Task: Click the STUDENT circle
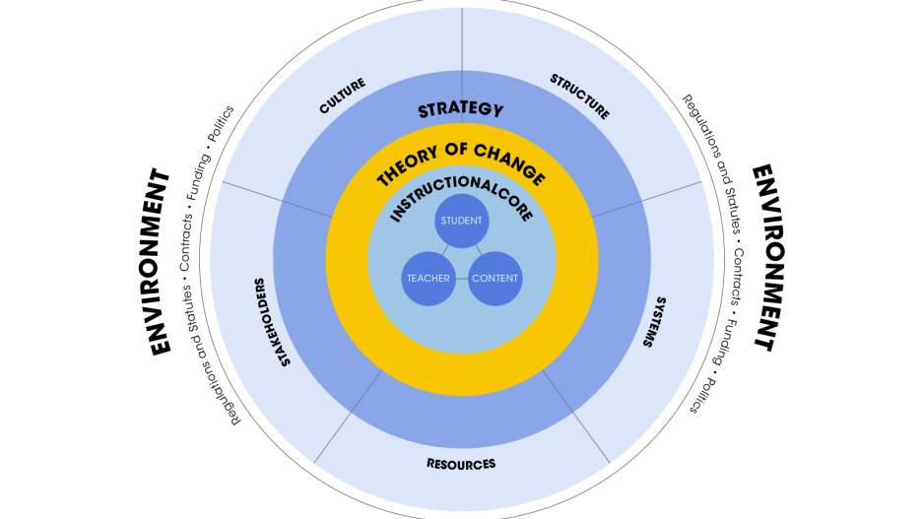[461, 221]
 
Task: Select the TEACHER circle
[428, 279]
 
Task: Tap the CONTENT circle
[495, 279]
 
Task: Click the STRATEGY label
[460, 110]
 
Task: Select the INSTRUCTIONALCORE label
[461, 201]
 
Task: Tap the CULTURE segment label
[343, 97]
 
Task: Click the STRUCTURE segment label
[579, 97]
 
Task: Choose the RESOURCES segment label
[461, 463]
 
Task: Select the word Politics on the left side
[222, 124]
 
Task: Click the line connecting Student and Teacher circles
[445, 250]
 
